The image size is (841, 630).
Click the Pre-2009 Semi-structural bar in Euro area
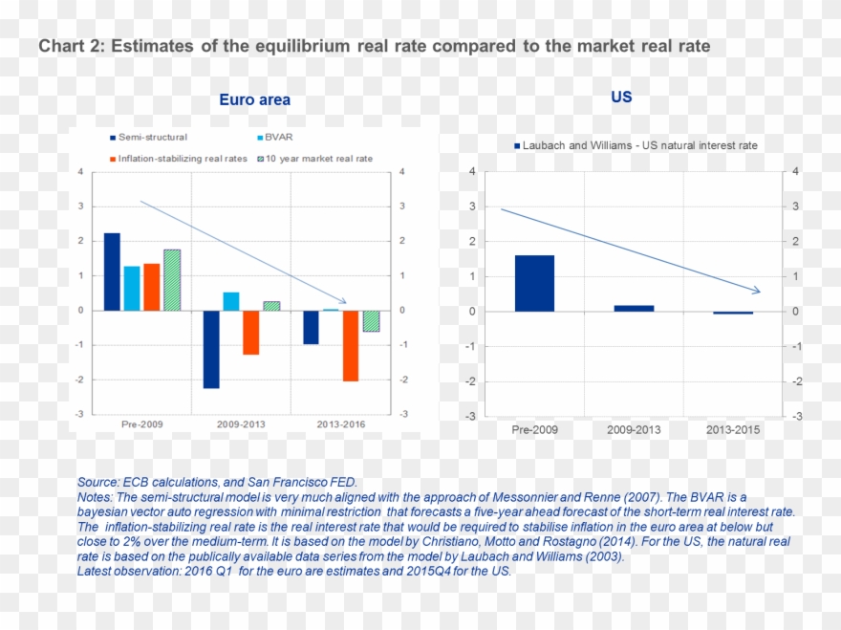point(112,272)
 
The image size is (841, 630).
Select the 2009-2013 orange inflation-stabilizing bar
point(250,333)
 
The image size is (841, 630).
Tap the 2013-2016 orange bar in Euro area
point(350,345)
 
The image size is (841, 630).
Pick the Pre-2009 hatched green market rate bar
point(171,280)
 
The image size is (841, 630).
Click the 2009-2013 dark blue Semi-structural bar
point(210,349)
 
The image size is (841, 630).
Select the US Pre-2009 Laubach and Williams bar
point(534,283)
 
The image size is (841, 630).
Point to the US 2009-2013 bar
point(634,308)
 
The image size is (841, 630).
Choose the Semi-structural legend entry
point(148,138)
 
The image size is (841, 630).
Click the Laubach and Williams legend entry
point(635,145)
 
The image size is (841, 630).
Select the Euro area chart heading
point(254,99)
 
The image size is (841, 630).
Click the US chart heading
point(621,98)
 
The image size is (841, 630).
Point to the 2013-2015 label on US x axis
point(733,430)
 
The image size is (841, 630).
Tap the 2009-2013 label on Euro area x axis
point(241,424)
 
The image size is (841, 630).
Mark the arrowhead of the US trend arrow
point(756,291)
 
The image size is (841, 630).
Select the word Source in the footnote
point(97,483)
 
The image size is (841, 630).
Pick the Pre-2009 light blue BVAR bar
point(131,288)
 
